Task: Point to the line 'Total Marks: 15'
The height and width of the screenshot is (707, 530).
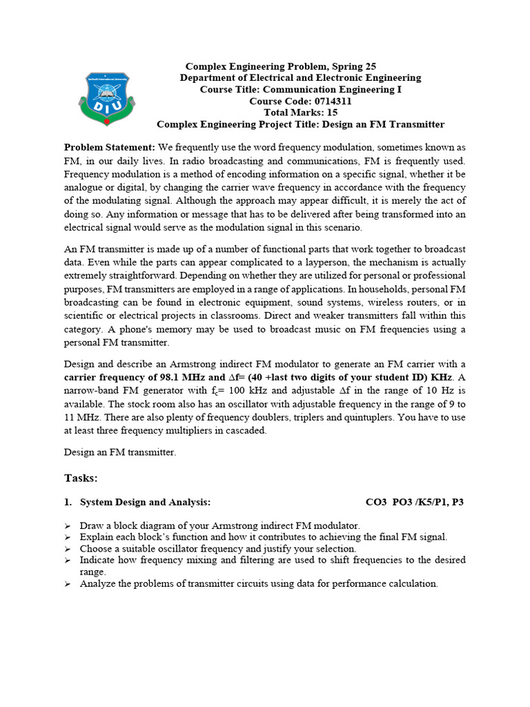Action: pyautogui.click(x=300, y=113)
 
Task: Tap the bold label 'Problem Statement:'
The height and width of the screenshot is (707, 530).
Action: pyautogui.click(x=110, y=148)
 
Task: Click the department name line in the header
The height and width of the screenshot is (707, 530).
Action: pyautogui.click(x=300, y=78)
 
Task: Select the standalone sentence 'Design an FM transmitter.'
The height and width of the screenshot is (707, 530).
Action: pyautogui.click(x=120, y=452)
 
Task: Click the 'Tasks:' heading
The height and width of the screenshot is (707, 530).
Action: pyautogui.click(x=81, y=478)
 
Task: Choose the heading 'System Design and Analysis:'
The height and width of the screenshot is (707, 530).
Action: pyautogui.click(x=146, y=502)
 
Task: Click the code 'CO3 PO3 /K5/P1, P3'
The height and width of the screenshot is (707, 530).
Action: pyautogui.click(x=414, y=502)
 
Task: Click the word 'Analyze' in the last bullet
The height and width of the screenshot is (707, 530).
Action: pyautogui.click(x=98, y=583)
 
